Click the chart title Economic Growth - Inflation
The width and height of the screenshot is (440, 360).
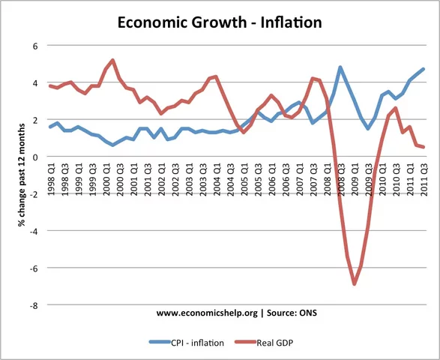pyautogui.click(x=220, y=22)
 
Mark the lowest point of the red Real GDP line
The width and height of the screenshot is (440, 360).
pyautogui.click(x=354, y=284)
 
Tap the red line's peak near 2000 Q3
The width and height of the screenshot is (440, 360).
pyautogui.click(x=112, y=60)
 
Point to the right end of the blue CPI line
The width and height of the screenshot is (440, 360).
pyautogui.click(x=424, y=69)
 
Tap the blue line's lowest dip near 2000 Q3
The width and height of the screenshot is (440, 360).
pyautogui.click(x=112, y=145)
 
